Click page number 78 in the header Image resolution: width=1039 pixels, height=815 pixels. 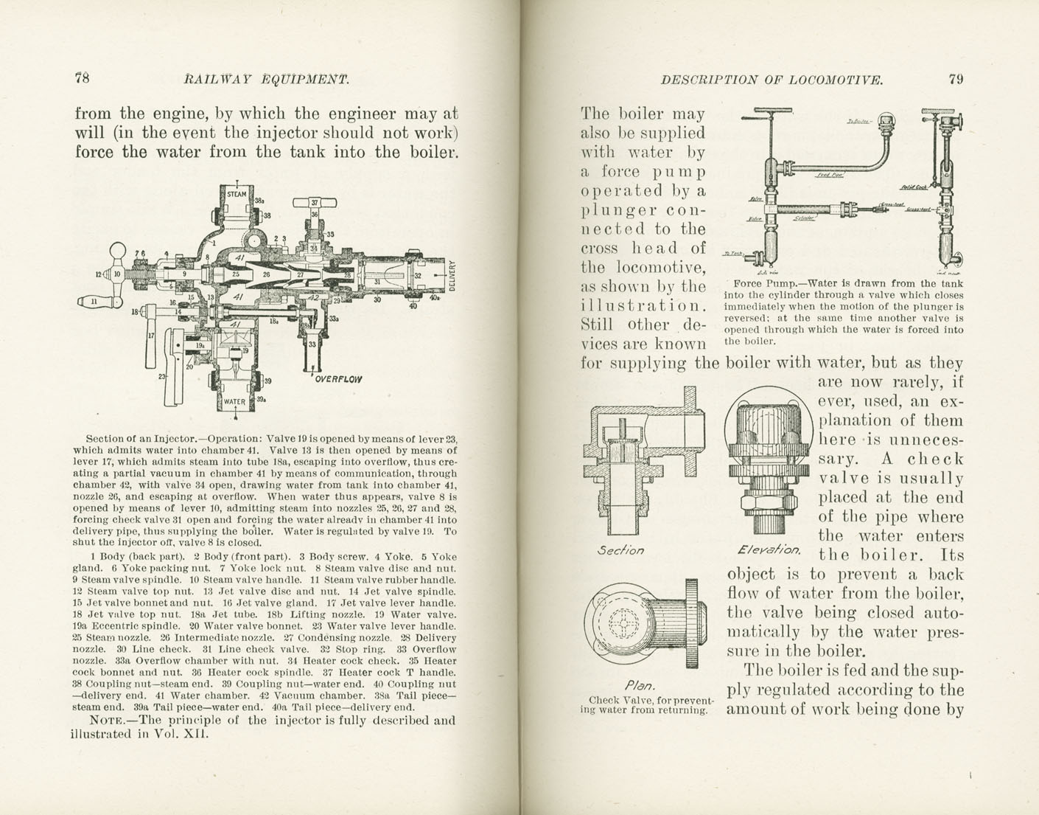pyautogui.click(x=82, y=78)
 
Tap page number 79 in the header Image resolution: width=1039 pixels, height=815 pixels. pyautogui.click(x=955, y=79)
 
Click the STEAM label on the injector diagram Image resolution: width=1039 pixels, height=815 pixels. pyautogui.click(x=237, y=195)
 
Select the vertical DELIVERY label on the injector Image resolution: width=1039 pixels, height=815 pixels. pyautogui.click(x=452, y=274)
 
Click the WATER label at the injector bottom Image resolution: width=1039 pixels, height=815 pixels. pyautogui.click(x=234, y=402)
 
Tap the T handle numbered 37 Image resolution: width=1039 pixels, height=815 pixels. pyautogui.click(x=315, y=203)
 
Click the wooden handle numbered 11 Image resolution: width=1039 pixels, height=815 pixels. pyautogui.click(x=92, y=302)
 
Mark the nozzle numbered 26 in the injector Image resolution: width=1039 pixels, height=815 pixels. pyautogui.click(x=267, y=275)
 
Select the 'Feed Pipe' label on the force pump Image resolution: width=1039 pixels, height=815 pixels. pyautogui.click(x=830, y=176)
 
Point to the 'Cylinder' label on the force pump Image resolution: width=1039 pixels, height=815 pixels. pyautogui.click(x=804, y=218)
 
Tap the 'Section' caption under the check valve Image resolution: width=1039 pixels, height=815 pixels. pyautogui.click(x=620, y=550)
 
